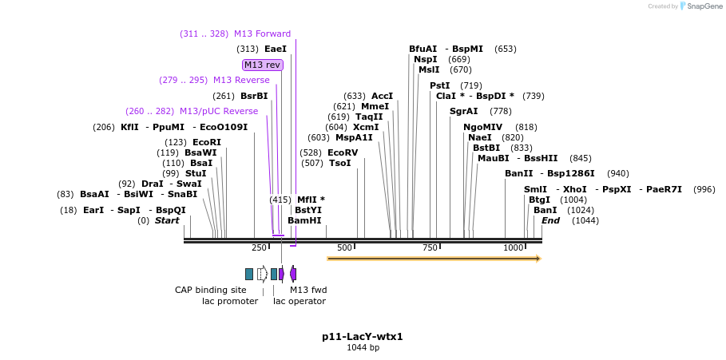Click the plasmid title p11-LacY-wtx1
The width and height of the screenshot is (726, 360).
(x=363, y=337)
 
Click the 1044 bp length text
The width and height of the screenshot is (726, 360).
(x=363, y=348)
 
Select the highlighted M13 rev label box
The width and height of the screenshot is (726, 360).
(x=263, y=65)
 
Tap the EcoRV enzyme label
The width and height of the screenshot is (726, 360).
(x=343, y=152)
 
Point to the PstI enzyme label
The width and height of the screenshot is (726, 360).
(x=440, y=85)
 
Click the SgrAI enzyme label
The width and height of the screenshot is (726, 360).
(x=464, y=111)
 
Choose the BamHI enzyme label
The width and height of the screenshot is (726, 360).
(x=304, y=220)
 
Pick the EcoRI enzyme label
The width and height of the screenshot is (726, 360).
(x=207, y=142)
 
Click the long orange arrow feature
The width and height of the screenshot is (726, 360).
(x=434, y=259)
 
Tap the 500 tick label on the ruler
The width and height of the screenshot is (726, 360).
(x=344, y=248)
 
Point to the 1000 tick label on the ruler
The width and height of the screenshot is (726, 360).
(x=513, y=248)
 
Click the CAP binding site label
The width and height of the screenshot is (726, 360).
(x=211, y=290)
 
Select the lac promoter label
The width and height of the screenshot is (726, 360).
(x=230, y=301)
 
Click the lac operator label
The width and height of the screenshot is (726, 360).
(x=300, y=301)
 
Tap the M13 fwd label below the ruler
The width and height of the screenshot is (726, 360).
(x=308, y=290)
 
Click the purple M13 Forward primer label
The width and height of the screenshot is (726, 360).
(x=262, y=34)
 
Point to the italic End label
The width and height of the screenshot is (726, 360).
(x=550, y=220)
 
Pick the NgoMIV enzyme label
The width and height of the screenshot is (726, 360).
(x=483, y=127)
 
